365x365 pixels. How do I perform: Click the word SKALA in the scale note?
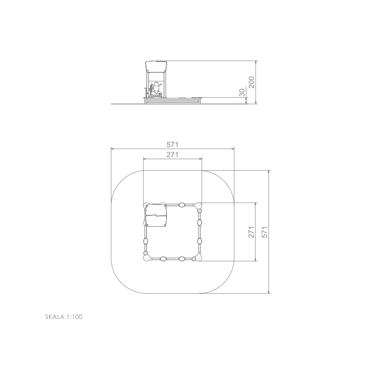(x=55, y=317)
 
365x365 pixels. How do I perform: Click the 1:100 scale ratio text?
(x=74, y=317)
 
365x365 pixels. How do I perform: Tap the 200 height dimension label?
(x=252, y=82)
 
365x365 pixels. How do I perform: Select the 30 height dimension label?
(x=242, y=93)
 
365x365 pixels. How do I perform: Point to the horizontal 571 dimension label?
(x=172, y=145)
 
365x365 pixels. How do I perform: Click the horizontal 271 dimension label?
(x=172, y=155)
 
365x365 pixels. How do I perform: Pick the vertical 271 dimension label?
(x=251, y=232)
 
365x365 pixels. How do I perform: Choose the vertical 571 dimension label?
(x=265, y=232)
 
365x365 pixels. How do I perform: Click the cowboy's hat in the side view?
(x=156, y=83)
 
